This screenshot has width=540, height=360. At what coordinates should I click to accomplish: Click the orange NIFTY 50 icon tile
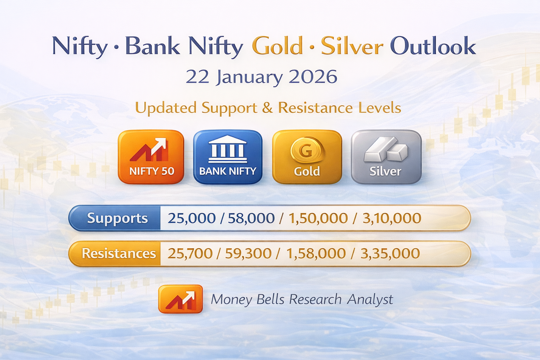pyautogui.click(x=151, y=157)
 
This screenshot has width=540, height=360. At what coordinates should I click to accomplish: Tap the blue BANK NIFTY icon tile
pyautogui.click(x=228, y=157)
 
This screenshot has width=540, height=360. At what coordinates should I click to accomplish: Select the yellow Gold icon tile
pyautogui.click(x=307, y=157)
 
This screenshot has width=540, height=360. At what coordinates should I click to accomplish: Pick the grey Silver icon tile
pyautogui.click(x=386, y=157)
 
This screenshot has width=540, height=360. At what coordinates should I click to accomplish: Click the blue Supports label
pyautogui.click(x=117, y=218)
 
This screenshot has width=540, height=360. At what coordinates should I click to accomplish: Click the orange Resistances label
pyautogui.click(x=118, y=253)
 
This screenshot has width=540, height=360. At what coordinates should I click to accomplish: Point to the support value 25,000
pyautogui.click(x=191, y=218)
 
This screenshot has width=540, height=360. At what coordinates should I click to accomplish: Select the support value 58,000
pyautogui.click(x=251, y=218)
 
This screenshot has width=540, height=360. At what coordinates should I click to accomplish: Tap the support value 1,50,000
pyautogui.click(x=318, y=218)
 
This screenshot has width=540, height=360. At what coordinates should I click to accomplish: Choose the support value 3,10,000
pyautogui.click(x=392, y=218)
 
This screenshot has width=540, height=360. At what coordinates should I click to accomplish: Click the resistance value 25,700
pyautogui.click(x=190, y=253)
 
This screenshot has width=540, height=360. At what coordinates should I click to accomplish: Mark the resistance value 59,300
pyautogui.click(x=248, y=253)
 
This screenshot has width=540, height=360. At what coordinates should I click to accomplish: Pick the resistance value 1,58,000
pyautogui.click(x=316, y=253)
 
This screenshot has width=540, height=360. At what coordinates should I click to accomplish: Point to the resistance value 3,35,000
pyautogui.click(x=390, y=253)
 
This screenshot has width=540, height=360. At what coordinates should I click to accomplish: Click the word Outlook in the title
pyautogui.click(x=433, y=46)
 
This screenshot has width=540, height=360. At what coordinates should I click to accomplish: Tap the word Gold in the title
pyautogui.click(x=277, y=46)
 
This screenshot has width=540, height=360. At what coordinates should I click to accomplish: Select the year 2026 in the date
pyautogui.click(x=313, y=77)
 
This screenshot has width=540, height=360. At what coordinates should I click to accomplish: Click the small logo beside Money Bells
pyautogui.click(x=180, y=299)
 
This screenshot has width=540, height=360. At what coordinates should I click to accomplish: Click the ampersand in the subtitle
pyautogui.click(x=267, y=108)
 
